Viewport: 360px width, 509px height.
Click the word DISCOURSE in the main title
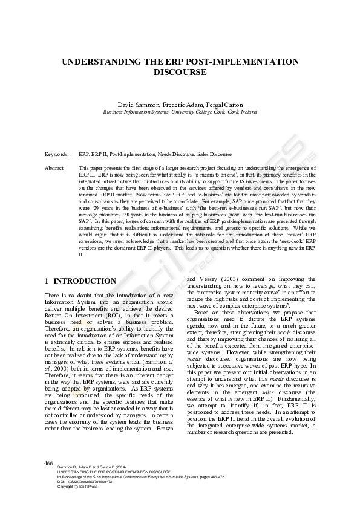tap(180, 72)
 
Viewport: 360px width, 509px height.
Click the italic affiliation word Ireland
tap(248, 112)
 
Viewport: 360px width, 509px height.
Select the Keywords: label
tap(57, 155)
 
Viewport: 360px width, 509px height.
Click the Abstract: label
tap(56, 167)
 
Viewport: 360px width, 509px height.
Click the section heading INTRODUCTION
tap(84, 281)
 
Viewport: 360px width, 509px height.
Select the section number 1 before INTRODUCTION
tap(47, 281)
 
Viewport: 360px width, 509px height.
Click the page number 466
tap(49, 463)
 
